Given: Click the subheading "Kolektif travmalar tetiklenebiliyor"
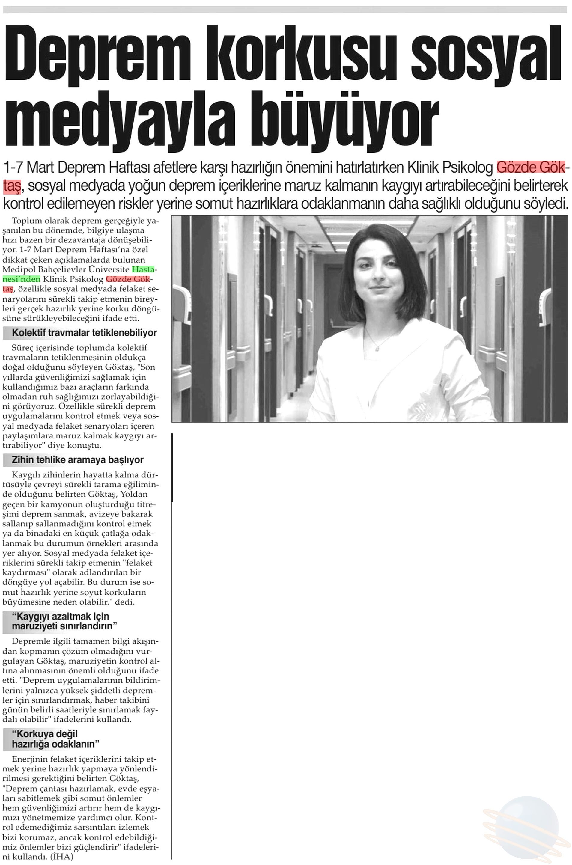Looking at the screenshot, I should [84, 333].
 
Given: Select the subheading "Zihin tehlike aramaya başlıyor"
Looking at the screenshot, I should [77, 460].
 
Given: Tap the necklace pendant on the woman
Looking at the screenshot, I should [377, 348].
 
